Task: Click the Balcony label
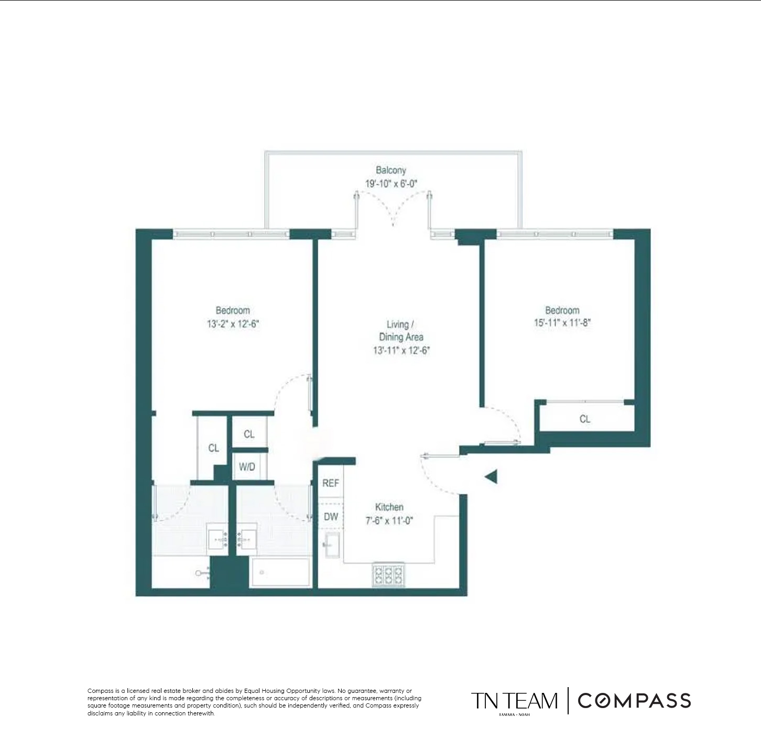(390, 170)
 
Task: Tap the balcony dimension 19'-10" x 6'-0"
(391, 183)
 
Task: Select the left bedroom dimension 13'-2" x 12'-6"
(233, 324)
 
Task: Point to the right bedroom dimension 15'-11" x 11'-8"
(562, 323)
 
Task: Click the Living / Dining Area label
(401, 331)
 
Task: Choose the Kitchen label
(389, 507)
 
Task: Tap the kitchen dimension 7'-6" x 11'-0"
(389, 520)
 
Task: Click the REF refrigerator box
(331, 483)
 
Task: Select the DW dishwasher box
(331, 516)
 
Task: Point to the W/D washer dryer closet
(247, 466)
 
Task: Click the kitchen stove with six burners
(388, 574)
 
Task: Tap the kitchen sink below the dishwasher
(332, 546)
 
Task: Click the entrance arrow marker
(491, 477)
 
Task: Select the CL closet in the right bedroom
(585, 419)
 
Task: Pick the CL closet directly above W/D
(249, 433)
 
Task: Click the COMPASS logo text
(635, 701)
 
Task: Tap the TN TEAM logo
(514, 701)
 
